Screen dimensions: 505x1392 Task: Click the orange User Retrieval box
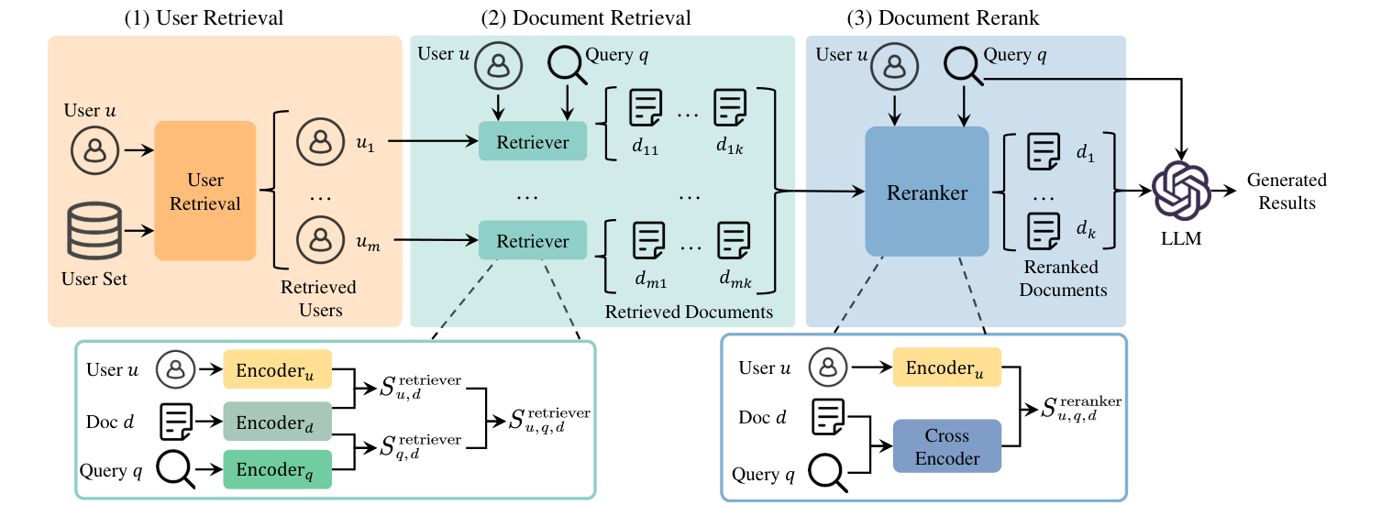(204, 191)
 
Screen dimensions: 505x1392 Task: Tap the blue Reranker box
(926, 192)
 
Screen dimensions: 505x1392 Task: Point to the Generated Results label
(1286, 191)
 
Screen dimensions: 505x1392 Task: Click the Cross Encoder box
(946, 446)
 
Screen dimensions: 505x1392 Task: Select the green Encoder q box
(277, 470)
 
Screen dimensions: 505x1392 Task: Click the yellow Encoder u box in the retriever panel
(277, 370)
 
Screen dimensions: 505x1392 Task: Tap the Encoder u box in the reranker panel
(946, 368)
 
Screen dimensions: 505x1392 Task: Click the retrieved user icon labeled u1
(319, 141)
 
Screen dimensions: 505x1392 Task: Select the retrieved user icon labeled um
(319, 240)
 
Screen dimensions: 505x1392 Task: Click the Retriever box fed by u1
(532, 141)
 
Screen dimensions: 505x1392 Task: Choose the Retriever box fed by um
(532, 240)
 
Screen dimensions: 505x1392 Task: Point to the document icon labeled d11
(645, 109)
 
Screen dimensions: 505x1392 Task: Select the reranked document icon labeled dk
(1042, 229)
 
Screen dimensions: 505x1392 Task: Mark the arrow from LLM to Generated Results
(1222, 191)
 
